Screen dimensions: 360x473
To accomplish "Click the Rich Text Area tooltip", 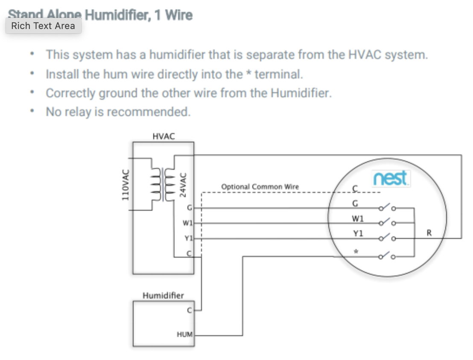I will point(43,26).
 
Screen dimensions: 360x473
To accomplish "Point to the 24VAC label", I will point(183,184).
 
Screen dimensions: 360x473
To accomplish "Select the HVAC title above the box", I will point(163,136).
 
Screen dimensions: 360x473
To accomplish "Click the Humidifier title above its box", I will point(163,295).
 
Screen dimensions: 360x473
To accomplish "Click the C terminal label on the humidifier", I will point(190,311).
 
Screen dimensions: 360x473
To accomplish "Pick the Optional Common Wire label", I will point(260,187).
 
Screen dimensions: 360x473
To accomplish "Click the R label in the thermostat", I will point(429,233).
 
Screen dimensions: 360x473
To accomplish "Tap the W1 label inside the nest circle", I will point(357,219).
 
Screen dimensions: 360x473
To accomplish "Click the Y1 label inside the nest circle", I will point(357,233).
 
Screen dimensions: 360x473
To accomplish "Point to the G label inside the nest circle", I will point(355,203).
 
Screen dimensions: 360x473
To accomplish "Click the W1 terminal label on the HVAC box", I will point(188,223).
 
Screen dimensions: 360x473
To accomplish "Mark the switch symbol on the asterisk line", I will point(386,256).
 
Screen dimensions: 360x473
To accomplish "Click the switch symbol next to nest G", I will point(386,209).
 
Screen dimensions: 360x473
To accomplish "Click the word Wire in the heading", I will point(178,16).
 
